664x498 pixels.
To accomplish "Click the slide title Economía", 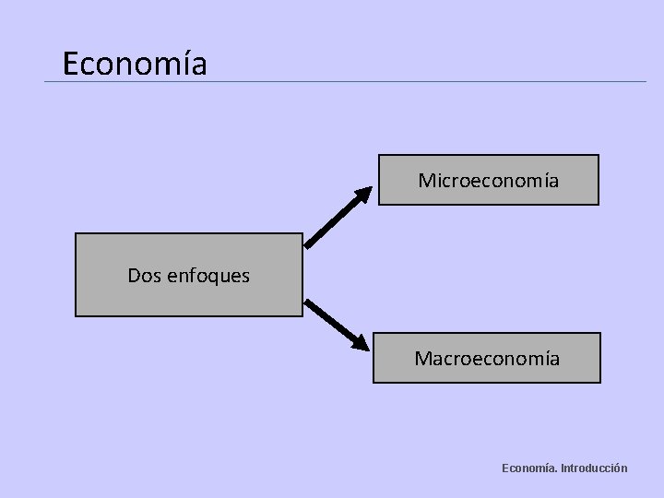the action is click(x=135, y=64).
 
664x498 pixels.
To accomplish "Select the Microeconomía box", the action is click(x=487, y=179).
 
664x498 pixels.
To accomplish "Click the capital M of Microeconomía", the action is click(x=426, y=180).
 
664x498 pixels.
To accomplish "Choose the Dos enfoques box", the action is click(x=188, y=275).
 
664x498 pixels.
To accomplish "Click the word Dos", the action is click(x=143, y=275).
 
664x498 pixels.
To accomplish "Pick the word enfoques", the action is click(x=207, y=276).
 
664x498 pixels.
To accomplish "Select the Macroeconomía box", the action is click(x=487, y=357).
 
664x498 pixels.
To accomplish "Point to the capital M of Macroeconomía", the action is click(x=423, y=357).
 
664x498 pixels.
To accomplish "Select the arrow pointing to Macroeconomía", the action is click(x=338, y=324).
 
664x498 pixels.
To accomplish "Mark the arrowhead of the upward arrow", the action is click(x=363, y=194).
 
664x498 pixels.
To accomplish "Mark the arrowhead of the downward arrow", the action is click(x=362, y=344).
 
